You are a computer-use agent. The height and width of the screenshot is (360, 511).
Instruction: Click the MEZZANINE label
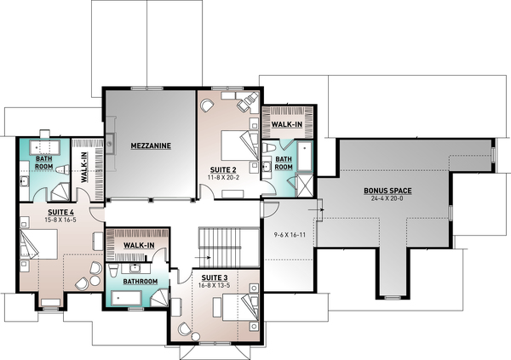(x=151, y=146)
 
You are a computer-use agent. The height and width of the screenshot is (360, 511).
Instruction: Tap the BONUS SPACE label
(x=387, y=191)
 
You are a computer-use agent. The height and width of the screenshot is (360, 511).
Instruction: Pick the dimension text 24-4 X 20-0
(x=387, y=199)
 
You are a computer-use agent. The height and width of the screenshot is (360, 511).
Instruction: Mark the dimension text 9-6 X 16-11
(x=289, y=234)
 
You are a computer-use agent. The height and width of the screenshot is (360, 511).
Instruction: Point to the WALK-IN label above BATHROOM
(x=139, y=245)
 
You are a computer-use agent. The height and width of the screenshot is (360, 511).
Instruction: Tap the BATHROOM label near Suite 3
(x=139, y=281)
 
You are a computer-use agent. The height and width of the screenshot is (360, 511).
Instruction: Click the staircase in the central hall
(x=227, y=247)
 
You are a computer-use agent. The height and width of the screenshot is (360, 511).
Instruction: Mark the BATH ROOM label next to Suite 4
(x=44, y=163)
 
